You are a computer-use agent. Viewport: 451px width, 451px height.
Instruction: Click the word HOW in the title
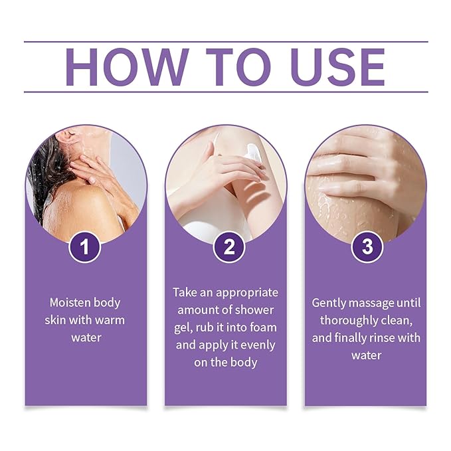point(126,67)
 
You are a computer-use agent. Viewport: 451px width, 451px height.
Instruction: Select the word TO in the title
point(229,67)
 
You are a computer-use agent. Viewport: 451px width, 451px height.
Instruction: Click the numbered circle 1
point(85,247)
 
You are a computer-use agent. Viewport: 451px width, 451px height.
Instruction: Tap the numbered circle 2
point(229,247)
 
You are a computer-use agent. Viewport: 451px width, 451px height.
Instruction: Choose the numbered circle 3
point(367,247)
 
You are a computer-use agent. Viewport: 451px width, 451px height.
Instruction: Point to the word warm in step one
point(108,320)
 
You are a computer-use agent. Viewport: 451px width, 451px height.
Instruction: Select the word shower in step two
point(255,310)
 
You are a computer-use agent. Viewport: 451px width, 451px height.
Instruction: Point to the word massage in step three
point(376,303)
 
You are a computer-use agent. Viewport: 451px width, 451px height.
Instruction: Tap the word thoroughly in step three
point(345,320)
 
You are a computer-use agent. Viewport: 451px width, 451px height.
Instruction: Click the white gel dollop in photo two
point(252,154)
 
